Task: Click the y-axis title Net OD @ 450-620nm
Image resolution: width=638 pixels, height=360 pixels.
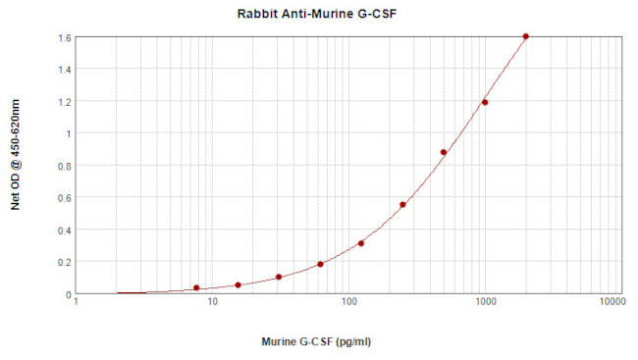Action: pos(15,164)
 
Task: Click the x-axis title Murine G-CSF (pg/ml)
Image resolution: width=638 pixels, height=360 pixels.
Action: pos(316,342)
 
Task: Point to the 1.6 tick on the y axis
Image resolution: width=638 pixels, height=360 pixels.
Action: pos(65,37)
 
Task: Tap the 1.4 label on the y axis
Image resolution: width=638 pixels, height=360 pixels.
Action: pos(65,70)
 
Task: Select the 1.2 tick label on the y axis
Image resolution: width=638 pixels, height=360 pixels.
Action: pos(65,101)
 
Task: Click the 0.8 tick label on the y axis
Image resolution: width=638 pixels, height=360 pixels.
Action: pos(65,166)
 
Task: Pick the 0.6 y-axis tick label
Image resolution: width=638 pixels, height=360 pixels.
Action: pos(65,197)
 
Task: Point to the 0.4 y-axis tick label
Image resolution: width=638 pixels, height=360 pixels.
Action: pos(65,230)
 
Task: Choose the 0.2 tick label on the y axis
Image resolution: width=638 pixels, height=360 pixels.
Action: pos(65,262)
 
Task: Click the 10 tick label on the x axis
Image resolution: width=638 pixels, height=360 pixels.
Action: pos(213,303)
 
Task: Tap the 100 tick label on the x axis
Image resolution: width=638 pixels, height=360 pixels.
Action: pos(348,303)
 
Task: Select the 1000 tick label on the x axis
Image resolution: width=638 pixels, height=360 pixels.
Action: pos(484,303)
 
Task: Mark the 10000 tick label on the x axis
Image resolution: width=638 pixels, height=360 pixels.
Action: pos(611,303)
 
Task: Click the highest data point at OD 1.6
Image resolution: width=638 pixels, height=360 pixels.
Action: pos(526,36)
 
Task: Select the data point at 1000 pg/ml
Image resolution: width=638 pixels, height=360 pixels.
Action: pos(485,102)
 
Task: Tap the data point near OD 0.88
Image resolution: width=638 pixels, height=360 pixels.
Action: pos(444,152)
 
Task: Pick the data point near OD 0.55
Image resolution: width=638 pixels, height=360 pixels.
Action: pos(402,205)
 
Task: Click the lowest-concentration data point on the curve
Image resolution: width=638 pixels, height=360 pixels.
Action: pos(196,287)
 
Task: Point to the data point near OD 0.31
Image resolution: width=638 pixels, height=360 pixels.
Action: pos(361,243)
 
